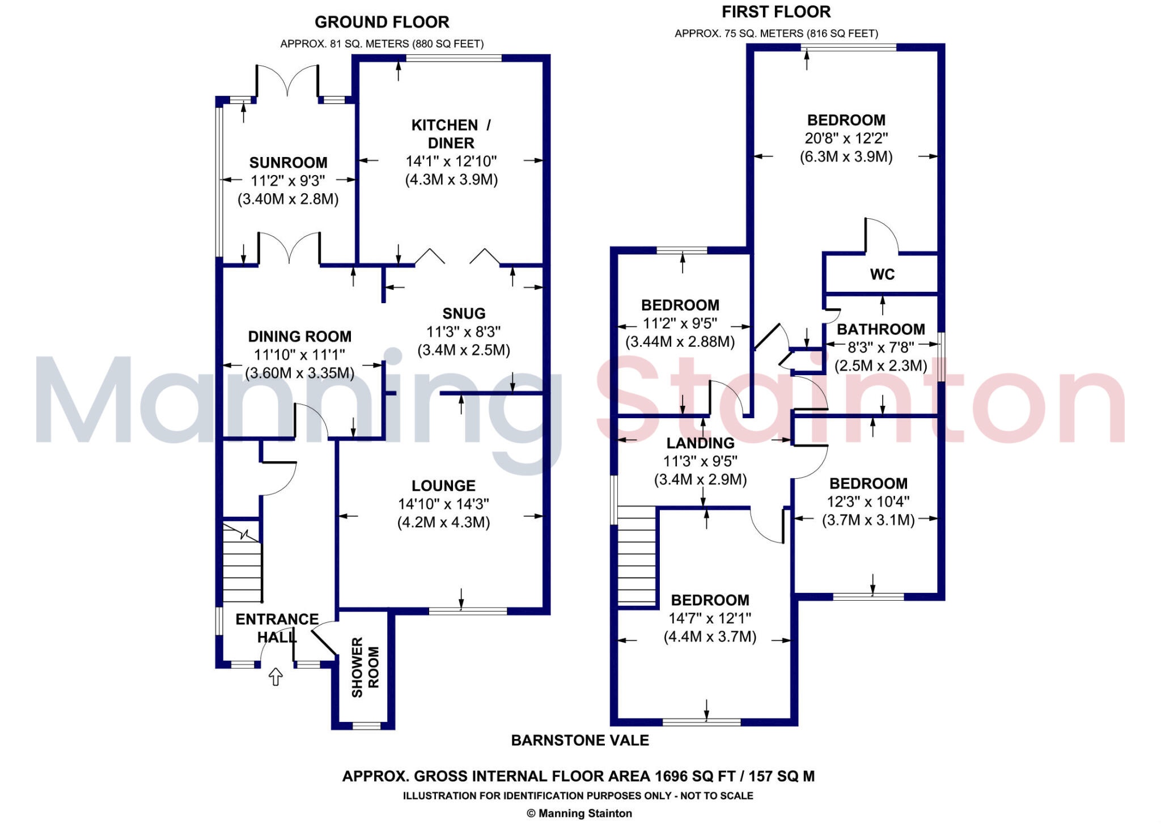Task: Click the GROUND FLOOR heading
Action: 382,22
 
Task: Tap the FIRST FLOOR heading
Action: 776,12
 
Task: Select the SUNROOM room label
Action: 288,163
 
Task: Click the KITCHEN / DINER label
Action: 451,134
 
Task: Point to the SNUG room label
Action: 464,313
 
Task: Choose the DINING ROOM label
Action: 299,337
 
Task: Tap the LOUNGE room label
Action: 443,486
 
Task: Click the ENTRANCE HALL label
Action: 277,628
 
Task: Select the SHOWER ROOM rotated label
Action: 365,667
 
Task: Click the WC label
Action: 882,274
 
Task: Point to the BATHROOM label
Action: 881,329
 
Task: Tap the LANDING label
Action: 700,443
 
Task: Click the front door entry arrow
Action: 276,676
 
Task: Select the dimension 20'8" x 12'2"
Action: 846,138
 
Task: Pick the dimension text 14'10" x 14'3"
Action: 443,504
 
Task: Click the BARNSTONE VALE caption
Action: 580,740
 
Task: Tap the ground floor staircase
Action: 242,563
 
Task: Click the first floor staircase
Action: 636,558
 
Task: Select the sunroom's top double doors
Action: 287,80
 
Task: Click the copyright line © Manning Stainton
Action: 579,813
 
